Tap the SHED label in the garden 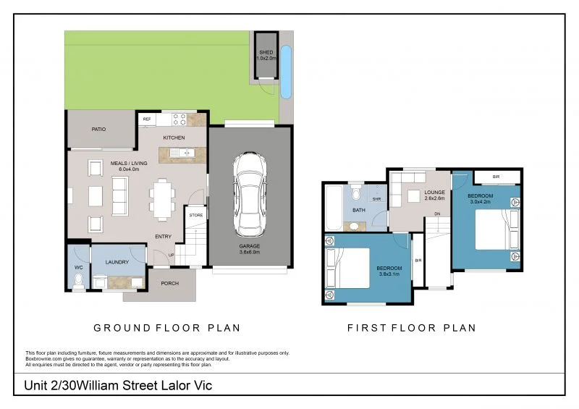[267, 53]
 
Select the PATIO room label [98, 130]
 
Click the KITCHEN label [174, 138]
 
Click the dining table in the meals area [161, 196]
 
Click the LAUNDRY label [117, 262]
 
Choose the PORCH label [169, 283]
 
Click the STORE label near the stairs [195, 215]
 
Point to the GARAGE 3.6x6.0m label [250, 250]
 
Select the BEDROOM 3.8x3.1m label [389, 271]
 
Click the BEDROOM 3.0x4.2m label [480, 199]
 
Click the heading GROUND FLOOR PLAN [167, 328]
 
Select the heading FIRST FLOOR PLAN [411, 328]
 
